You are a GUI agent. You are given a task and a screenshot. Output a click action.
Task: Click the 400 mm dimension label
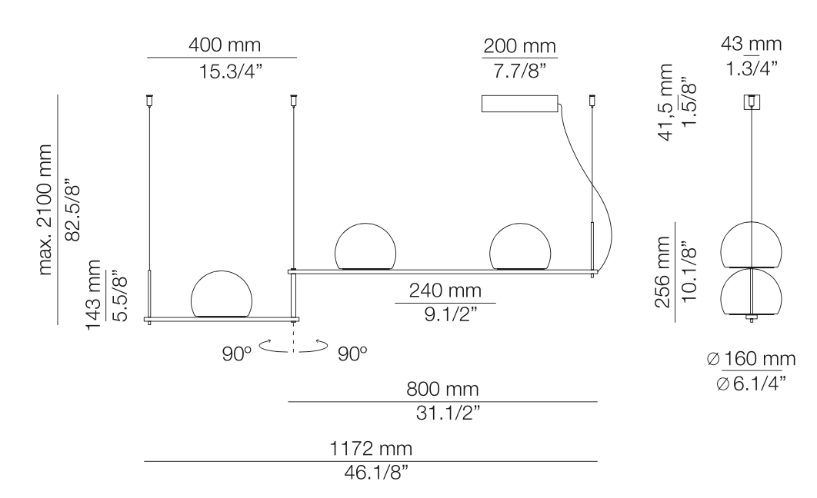coord(221,45)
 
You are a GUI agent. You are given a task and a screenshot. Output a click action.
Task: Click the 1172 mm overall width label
coord(370,448)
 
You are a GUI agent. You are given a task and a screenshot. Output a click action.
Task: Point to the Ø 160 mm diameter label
coord(750,358)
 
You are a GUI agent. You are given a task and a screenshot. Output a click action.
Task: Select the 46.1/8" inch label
coord(370,471)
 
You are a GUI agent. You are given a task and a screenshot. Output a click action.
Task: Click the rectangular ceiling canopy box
coord(519,103)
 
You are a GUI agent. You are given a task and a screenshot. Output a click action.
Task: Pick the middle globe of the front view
coord(365,246)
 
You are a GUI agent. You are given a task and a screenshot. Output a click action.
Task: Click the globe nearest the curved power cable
coord(520,246)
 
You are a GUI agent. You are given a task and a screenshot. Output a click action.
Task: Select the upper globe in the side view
coord(751,244)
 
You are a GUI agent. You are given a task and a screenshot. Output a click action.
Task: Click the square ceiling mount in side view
coord(751,102)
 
